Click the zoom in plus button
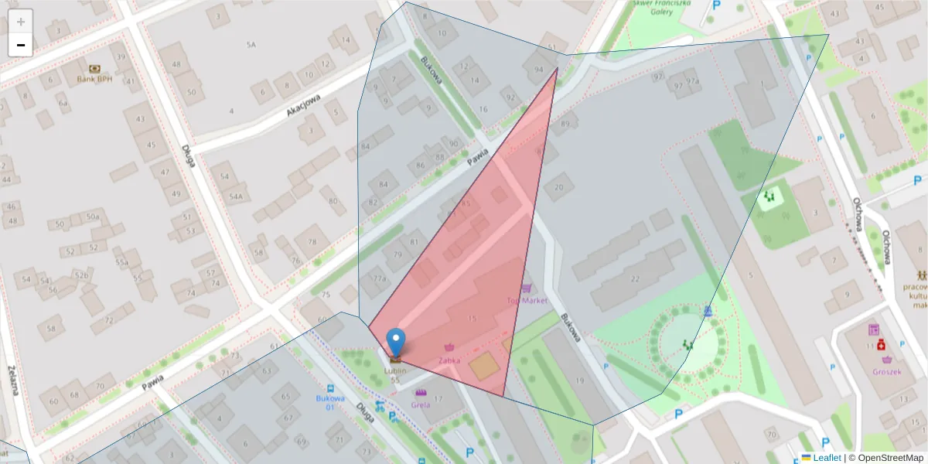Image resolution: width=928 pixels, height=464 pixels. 21,22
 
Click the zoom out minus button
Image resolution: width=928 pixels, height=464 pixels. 21,45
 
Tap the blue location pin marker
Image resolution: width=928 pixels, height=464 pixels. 396,343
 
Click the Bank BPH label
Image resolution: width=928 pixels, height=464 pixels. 95,79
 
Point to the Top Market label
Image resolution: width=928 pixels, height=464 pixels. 527,300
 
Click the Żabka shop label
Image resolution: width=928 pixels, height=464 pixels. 449,360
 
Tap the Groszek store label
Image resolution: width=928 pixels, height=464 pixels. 885,371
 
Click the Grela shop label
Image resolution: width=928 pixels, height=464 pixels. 421,404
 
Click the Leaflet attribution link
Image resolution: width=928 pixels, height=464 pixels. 826,458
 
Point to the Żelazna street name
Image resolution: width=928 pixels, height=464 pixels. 13,380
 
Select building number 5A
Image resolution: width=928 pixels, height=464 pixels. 251,45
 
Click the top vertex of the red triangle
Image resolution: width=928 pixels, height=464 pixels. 557,68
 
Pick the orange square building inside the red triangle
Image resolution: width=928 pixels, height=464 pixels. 485,366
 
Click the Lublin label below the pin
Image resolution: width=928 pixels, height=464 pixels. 395,371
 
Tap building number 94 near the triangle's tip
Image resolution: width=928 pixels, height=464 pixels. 537,70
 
